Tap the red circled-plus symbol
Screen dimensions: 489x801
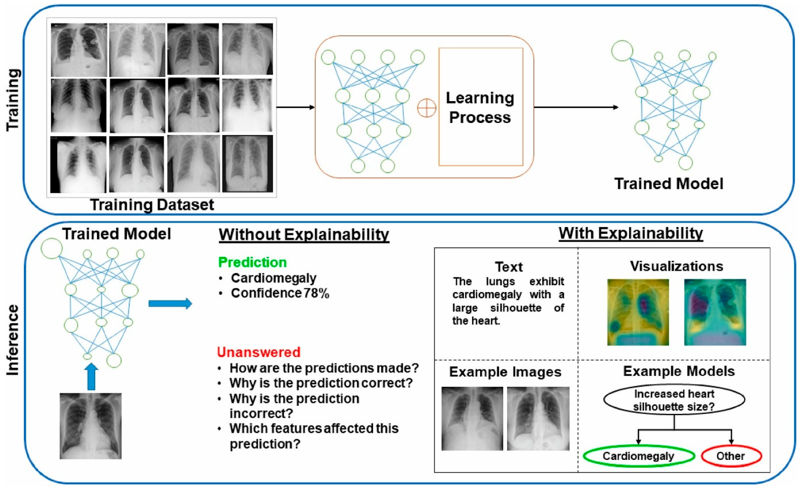click(426, 108)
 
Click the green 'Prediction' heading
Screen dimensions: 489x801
click(252, 262)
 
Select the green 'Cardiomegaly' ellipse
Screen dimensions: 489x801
click(638, 456)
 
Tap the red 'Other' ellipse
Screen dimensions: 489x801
click(731, 456)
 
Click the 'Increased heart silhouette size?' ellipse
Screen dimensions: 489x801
click(674, 400)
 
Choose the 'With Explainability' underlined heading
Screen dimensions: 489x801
click(631, 233)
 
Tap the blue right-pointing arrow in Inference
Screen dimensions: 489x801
click(170, 303)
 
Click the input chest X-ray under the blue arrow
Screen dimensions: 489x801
click(90, 426)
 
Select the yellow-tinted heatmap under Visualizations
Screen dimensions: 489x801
click(638, 312)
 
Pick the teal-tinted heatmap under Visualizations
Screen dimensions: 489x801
click(715, 312)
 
